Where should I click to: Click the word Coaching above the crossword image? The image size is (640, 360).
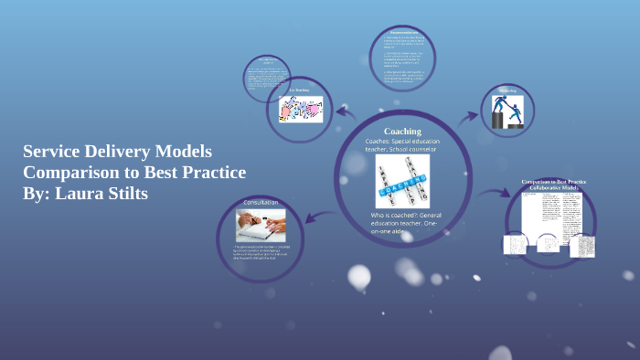click(x=402, y=131)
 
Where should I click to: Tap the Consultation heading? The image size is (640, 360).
click(x=261, y=201)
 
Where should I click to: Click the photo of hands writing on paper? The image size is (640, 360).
click(x=261, y=224)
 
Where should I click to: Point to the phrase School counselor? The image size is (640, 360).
click(x=410, y=152)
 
